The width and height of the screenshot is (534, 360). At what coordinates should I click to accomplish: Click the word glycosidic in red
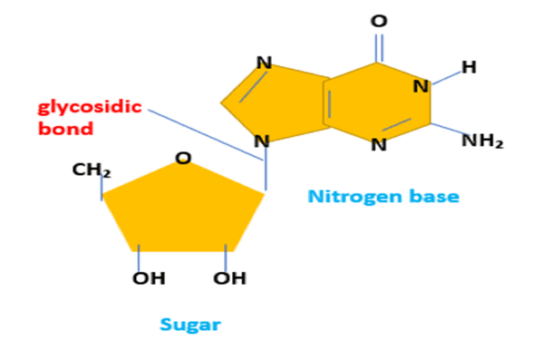(x=89, y=108)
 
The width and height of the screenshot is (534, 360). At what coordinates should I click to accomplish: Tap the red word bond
(x=65, y=129)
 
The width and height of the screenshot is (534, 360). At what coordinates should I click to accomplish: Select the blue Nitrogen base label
(x=383, y=196)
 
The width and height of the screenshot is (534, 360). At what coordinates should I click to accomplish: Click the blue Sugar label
(x=190, y=324)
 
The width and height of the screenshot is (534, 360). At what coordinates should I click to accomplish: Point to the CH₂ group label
(x=92, y=170)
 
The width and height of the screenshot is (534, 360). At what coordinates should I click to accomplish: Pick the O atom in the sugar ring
(x=183, y=158)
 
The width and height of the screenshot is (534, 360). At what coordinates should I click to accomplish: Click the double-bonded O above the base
(x=378, y=21)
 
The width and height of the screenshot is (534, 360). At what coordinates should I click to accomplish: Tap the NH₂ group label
(x=481, y=141)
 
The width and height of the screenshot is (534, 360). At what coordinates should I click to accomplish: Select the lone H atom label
(x=468, y=67)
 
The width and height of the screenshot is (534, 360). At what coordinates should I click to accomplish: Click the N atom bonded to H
(x=421, y=87)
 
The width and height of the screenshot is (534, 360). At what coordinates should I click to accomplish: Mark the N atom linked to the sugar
(x=262, y=141)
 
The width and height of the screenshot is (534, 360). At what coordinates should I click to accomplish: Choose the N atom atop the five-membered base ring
(x=264, y=63)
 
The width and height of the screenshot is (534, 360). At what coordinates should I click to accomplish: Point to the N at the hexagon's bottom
(x=379, y=144)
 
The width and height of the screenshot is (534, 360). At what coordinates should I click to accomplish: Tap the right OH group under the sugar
(x=229, y=277)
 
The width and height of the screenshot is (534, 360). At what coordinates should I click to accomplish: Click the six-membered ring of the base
(x=377, y=102)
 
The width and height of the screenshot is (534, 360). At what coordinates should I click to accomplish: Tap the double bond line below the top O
(x=378, y=47)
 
